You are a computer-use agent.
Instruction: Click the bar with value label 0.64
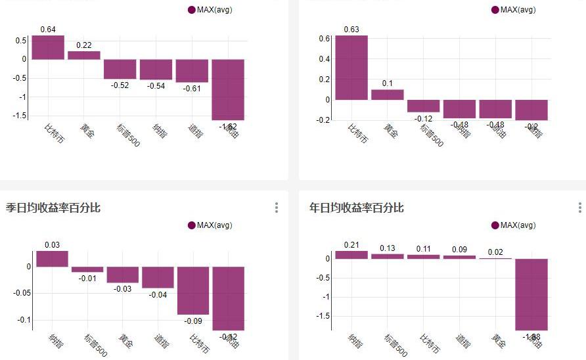coord(48,47)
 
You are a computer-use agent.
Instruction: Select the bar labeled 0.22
coord(84,55)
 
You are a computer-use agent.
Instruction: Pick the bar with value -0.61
coord(192,71)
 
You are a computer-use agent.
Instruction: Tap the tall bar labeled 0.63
coord(351,68)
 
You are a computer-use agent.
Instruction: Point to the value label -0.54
coord(156,85)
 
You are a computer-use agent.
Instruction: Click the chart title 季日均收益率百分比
coord(53,208)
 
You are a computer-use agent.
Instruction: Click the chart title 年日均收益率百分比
coord(357,208)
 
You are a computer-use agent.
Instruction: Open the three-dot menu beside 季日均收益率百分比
coord(277,208)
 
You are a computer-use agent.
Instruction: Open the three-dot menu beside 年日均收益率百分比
coord(579,208)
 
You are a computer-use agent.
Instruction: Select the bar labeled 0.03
coord(52,259)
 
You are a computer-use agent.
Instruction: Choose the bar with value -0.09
coord(193,290)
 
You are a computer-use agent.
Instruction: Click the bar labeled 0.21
coord(351,255)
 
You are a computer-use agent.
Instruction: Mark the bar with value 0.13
coord(388,256)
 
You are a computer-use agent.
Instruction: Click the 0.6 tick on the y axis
coord(324,39)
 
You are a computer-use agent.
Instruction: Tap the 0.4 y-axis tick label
coord(324,59)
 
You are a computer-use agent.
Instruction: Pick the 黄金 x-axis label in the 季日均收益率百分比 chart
coord(124,340)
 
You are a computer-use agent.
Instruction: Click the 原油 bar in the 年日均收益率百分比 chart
coord(531,294)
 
